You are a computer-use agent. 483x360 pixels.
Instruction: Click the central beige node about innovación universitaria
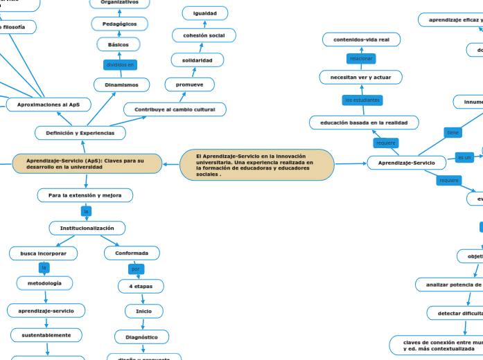click(x=256, y=165)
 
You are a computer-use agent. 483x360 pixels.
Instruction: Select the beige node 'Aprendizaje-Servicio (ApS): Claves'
click(x=87, y=164)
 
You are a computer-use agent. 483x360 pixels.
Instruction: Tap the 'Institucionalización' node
click(x=87, y=228)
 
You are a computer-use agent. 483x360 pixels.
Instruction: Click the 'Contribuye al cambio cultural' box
click(x=175, y=109)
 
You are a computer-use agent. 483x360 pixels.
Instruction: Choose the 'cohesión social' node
click(x=204, y=35)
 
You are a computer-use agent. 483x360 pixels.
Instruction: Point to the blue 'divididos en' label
click(x=120, y=64)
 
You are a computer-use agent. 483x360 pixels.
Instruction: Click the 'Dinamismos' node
click(x=122, y=85)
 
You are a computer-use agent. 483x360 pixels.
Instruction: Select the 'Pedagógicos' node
click(x=119, y=24)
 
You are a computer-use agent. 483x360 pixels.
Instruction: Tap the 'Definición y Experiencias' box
click(x=80, y=132)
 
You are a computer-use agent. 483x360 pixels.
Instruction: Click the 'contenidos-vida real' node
click(x=361, y=39)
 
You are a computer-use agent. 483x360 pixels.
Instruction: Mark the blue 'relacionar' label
click(x=361, y=58)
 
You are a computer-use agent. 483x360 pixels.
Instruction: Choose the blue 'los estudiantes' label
click(x=362, y=100)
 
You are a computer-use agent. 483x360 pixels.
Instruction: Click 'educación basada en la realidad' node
click(x=364, y=123)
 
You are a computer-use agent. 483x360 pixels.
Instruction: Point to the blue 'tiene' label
click(x=453, y=132)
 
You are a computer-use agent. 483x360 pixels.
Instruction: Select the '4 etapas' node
click(x=141, y=286)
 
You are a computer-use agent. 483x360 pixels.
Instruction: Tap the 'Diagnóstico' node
click(x=141, y=337)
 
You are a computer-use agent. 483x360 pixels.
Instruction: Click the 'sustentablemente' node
click(x=46, y=335)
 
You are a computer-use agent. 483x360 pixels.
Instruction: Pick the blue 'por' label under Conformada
click(x=137, y=268)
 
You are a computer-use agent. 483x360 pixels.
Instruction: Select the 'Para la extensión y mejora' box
click(x=85, y=196)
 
